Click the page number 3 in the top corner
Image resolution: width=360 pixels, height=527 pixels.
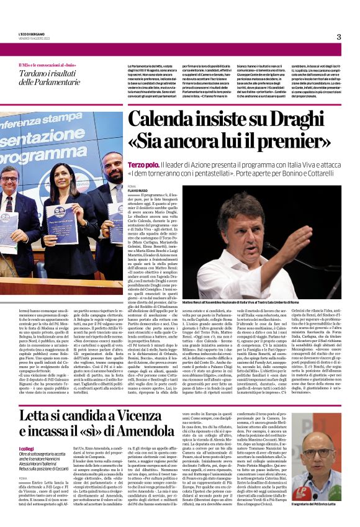(x=339, y=37)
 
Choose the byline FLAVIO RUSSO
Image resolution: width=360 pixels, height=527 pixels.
(x=138, y=189)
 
